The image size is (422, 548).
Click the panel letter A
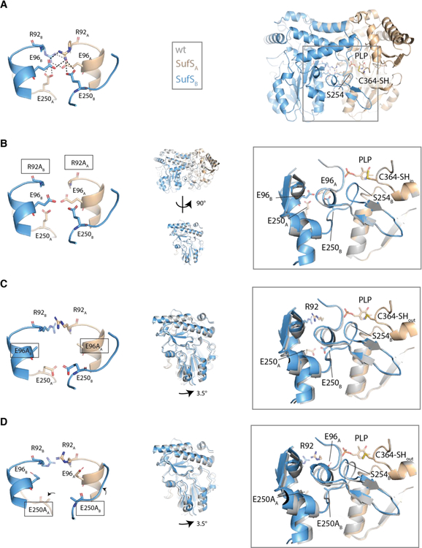point(7,6)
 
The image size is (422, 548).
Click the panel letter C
point(7,283)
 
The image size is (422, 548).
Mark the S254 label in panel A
point(337,94)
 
